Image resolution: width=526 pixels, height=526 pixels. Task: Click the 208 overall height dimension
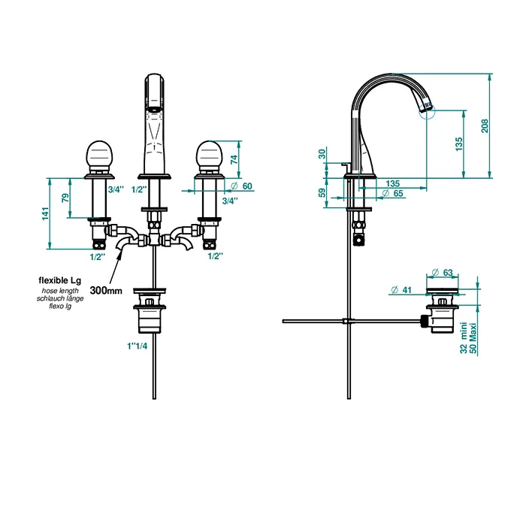click(x=485, y=125)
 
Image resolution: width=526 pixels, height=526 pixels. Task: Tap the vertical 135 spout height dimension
click(x=459, y=144)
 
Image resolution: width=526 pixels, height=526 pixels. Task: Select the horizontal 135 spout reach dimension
click(x=392, y=183)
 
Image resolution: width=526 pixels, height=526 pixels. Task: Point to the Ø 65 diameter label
click(x=392, y=194)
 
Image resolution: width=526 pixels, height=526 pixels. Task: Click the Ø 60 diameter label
click(x=241, y=186)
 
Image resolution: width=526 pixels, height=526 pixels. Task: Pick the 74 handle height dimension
click(x=234, y=159)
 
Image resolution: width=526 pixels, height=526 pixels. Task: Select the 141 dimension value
click(x=45, y=213)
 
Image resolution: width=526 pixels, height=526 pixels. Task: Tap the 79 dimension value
click(x=65, y=198)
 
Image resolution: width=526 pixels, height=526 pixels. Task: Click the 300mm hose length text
click(x=106, y=291)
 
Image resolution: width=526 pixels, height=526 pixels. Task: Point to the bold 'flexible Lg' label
click(x=60, y=280)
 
